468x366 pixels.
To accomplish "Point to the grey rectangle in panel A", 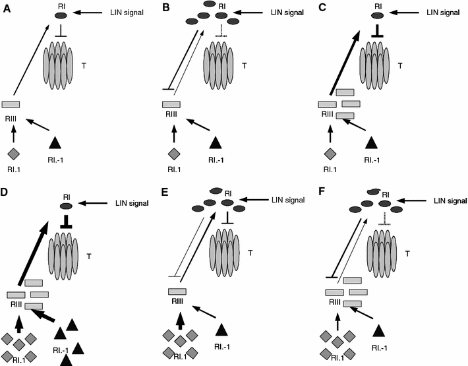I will [11, 104].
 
